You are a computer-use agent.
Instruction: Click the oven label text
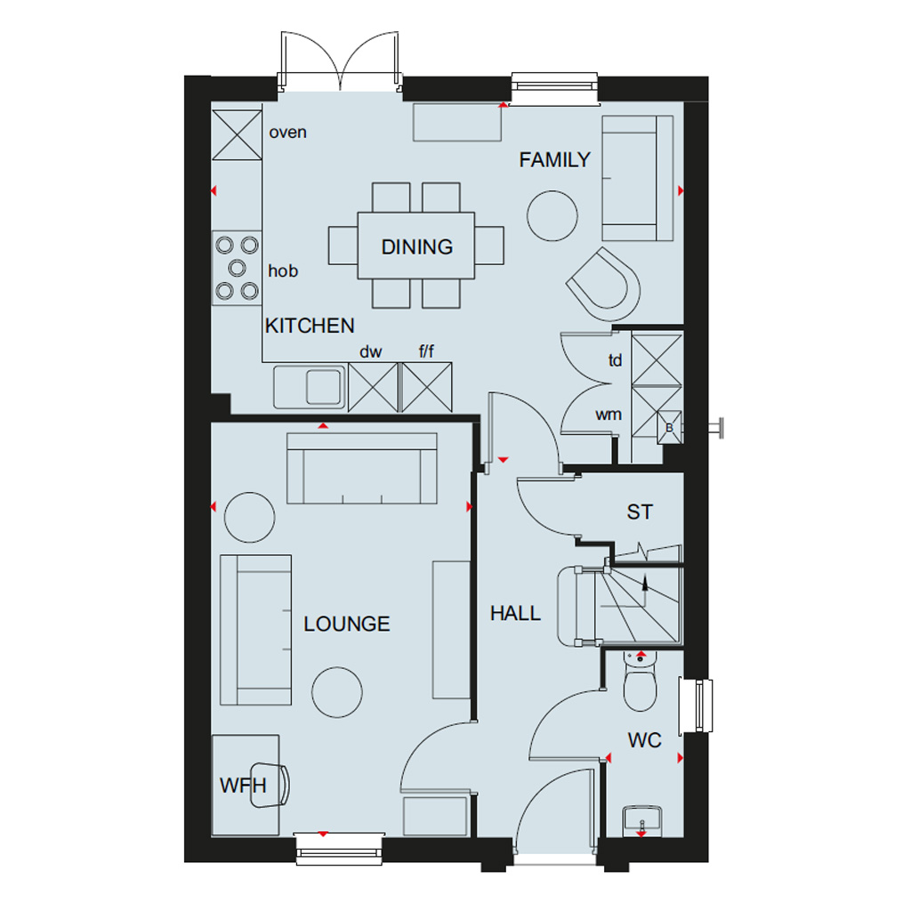point(287,133)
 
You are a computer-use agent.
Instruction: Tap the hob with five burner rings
point(237,268)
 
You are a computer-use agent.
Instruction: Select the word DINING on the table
point(416,247)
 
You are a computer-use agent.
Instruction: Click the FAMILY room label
point(554,160)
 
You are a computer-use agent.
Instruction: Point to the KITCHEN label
point(310,326)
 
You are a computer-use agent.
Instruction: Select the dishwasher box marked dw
point(373,388)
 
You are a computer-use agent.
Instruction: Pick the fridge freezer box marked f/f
point(426,388)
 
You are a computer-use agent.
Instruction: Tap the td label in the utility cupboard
point(615,361)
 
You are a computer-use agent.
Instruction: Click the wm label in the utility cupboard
point(609,415)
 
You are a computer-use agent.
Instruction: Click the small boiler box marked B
point(669,428)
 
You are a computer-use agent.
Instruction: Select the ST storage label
point(640,512)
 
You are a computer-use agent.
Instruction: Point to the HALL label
point(515,613)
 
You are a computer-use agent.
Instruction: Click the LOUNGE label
point(347,624)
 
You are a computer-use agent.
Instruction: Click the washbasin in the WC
point(642,821)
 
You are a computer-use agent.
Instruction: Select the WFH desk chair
point(270,786)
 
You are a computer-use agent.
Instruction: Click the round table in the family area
point(552,215)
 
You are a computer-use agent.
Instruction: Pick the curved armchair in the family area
point(605,284)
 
